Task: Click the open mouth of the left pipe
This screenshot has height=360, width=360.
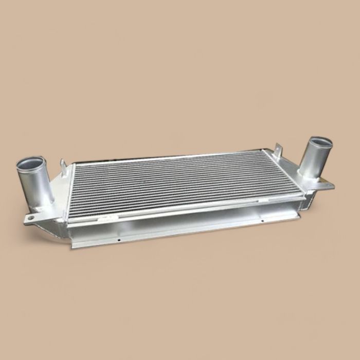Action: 30,166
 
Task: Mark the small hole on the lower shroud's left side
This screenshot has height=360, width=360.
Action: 119,240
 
